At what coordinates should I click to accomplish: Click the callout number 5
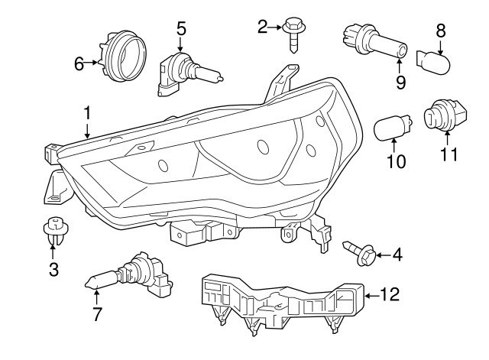181,30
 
